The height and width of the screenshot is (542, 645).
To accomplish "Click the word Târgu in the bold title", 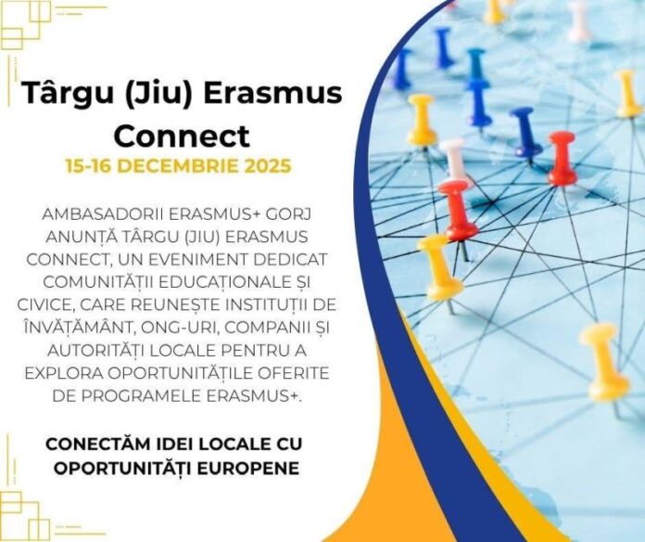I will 65,95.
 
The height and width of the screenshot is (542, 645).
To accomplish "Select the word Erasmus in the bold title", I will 274,95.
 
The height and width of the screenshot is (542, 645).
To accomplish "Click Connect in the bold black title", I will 180,136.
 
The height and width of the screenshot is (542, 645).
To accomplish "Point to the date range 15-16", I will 91,167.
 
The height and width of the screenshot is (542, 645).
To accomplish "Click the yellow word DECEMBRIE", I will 181,167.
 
